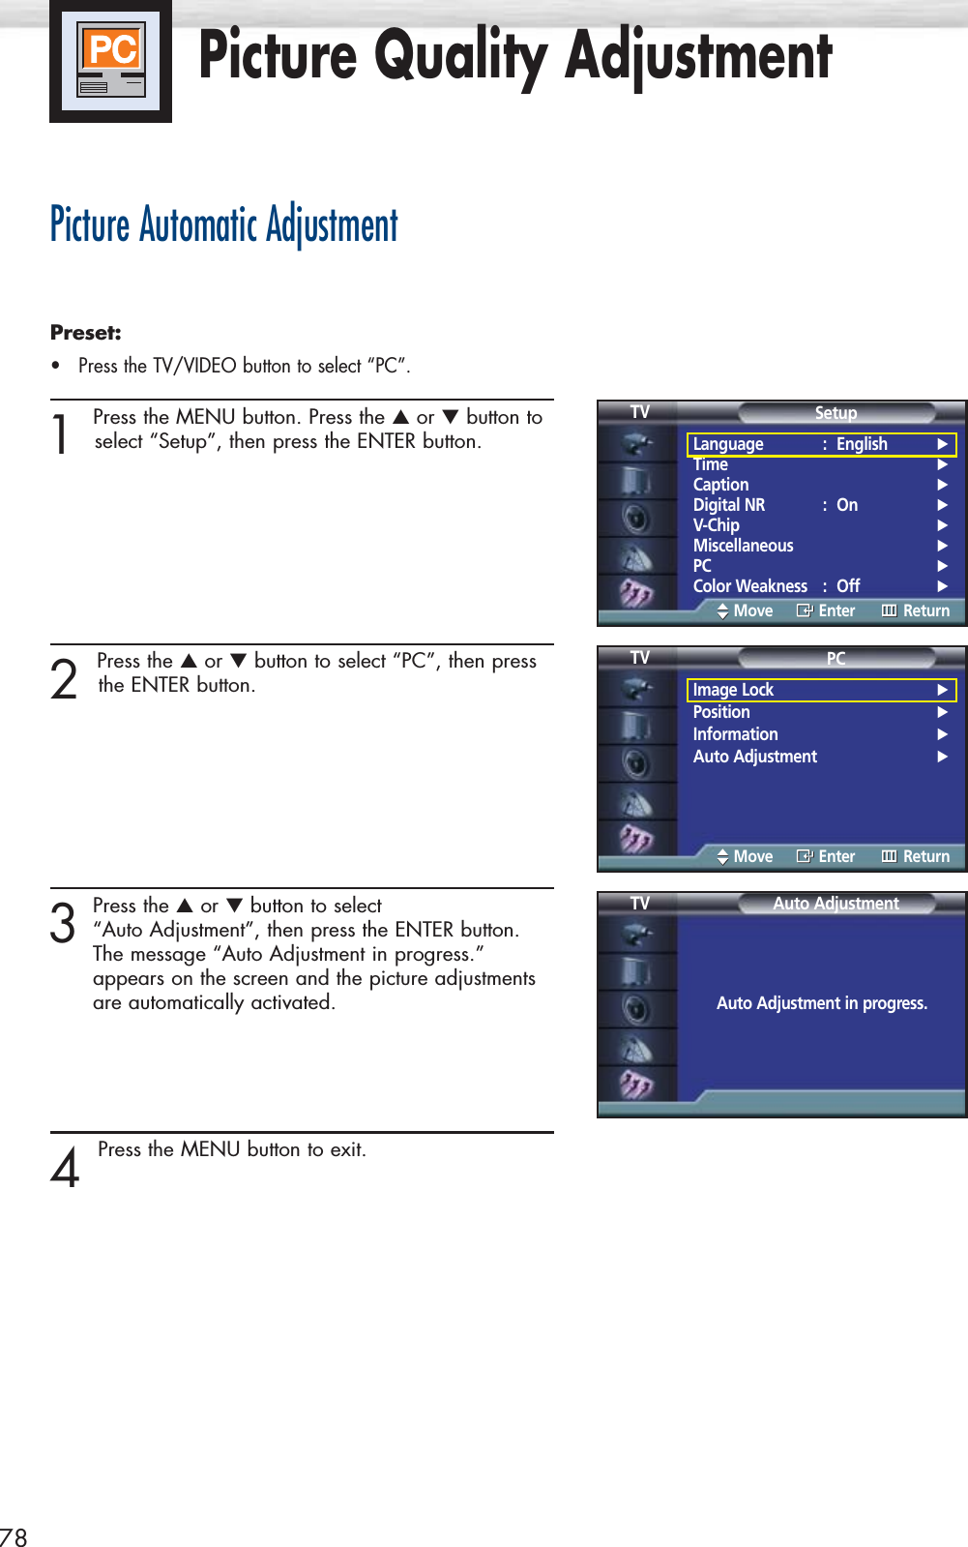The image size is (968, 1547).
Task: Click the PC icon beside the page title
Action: click(x=111, y=61)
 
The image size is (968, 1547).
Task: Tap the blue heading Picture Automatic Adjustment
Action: click(x=224, y=225)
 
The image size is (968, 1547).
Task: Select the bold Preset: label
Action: click(x=86, y=333)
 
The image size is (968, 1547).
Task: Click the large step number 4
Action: click(x=65, y=1168)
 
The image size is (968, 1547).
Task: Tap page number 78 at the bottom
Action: click(x=14, y=1536)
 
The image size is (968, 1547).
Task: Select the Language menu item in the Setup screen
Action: click(x=728, y=444)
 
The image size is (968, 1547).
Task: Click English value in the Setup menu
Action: click(x=862, y=444)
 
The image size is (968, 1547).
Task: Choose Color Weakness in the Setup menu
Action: click(x=749, y=586)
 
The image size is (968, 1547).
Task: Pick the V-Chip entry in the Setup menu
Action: click(x=717, y=525)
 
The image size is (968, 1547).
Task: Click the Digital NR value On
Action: click(x=847, y=505)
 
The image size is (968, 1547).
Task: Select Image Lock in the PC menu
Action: click(x=733, y=690)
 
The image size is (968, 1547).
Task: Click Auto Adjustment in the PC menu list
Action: click(x=755, y=757)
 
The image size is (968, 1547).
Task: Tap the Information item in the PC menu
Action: click(x=735, y=734)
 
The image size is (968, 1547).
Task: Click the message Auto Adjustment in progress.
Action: click(x=822, y=1003)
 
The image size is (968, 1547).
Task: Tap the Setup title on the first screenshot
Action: click(x=836, y=413)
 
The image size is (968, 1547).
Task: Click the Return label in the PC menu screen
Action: click(x=925, y=856)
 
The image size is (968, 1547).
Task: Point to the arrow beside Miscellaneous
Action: click(x=942, y=546)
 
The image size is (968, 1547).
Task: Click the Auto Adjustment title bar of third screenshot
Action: click(x=836, y=904)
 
